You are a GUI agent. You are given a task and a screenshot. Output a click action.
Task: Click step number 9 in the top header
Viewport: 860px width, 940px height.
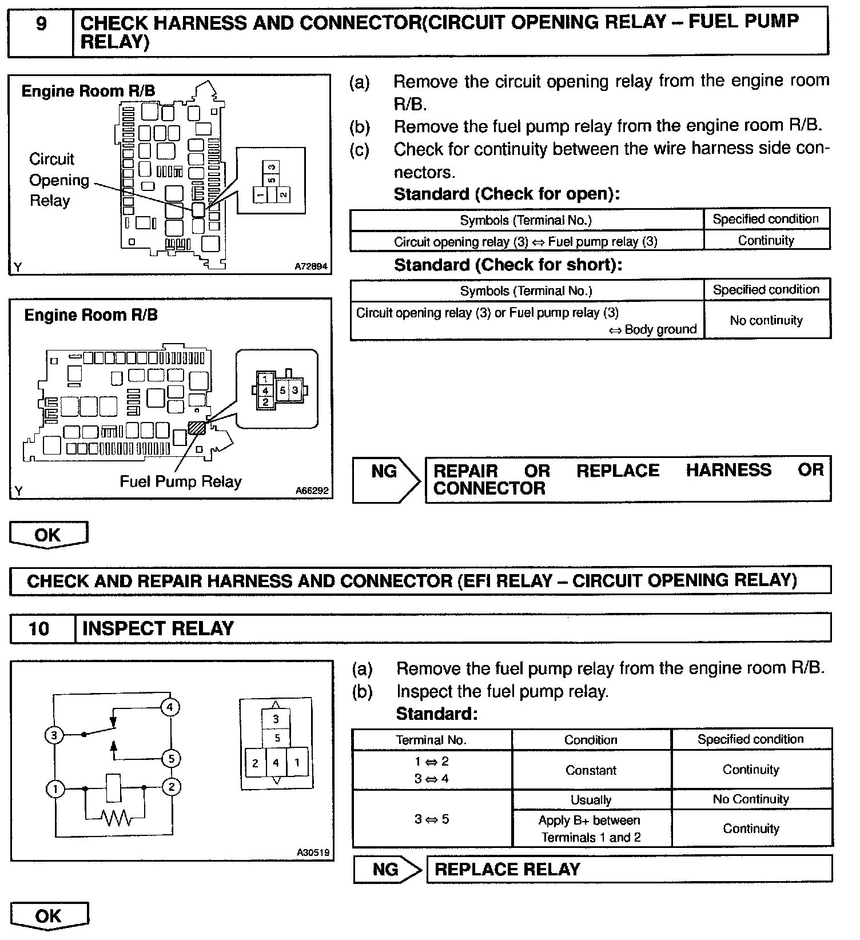[x=41, y=25]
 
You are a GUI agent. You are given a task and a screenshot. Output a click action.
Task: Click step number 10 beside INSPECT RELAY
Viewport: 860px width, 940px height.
[x=39, y=629]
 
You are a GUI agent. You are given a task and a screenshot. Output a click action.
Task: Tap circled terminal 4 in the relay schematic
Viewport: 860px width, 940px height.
[x=170, y=707]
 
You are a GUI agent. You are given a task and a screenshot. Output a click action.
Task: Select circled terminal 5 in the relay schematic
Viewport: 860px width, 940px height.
[x=170, y=759]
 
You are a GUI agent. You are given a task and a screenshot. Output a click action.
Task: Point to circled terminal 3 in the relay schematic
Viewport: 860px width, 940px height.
[x=54, y=735]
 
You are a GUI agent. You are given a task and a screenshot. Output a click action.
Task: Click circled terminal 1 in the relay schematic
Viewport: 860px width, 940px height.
[x=55, y=790]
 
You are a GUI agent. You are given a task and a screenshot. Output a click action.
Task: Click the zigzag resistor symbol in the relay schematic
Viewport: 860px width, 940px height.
[x=117, y=818]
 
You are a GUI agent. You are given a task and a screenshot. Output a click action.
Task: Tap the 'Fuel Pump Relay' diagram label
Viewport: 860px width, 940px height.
[x=180, y=481]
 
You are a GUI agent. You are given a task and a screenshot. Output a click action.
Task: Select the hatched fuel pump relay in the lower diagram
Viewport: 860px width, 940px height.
[x=196, y=427]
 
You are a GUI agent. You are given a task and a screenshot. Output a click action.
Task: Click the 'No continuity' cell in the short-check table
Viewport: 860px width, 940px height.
[x=766, y=321]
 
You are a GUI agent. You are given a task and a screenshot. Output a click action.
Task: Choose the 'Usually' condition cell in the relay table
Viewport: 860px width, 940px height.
[x=591, y=800]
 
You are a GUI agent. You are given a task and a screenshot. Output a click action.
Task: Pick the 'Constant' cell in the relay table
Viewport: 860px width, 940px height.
[x=591, y=770]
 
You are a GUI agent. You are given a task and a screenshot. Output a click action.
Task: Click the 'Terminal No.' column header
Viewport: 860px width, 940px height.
[x=431, y=740]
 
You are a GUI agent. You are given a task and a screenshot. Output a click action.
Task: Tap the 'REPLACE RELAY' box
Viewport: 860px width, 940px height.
[x=628, y=870]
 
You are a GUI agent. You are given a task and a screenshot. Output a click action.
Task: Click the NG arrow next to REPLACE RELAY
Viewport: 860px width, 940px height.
[x=387, y=870]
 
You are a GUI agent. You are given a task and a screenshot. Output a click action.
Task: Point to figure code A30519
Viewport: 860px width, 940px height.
[x=313, y=853]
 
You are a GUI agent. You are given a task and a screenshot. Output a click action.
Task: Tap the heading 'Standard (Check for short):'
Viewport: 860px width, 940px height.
[x=508, y=265]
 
